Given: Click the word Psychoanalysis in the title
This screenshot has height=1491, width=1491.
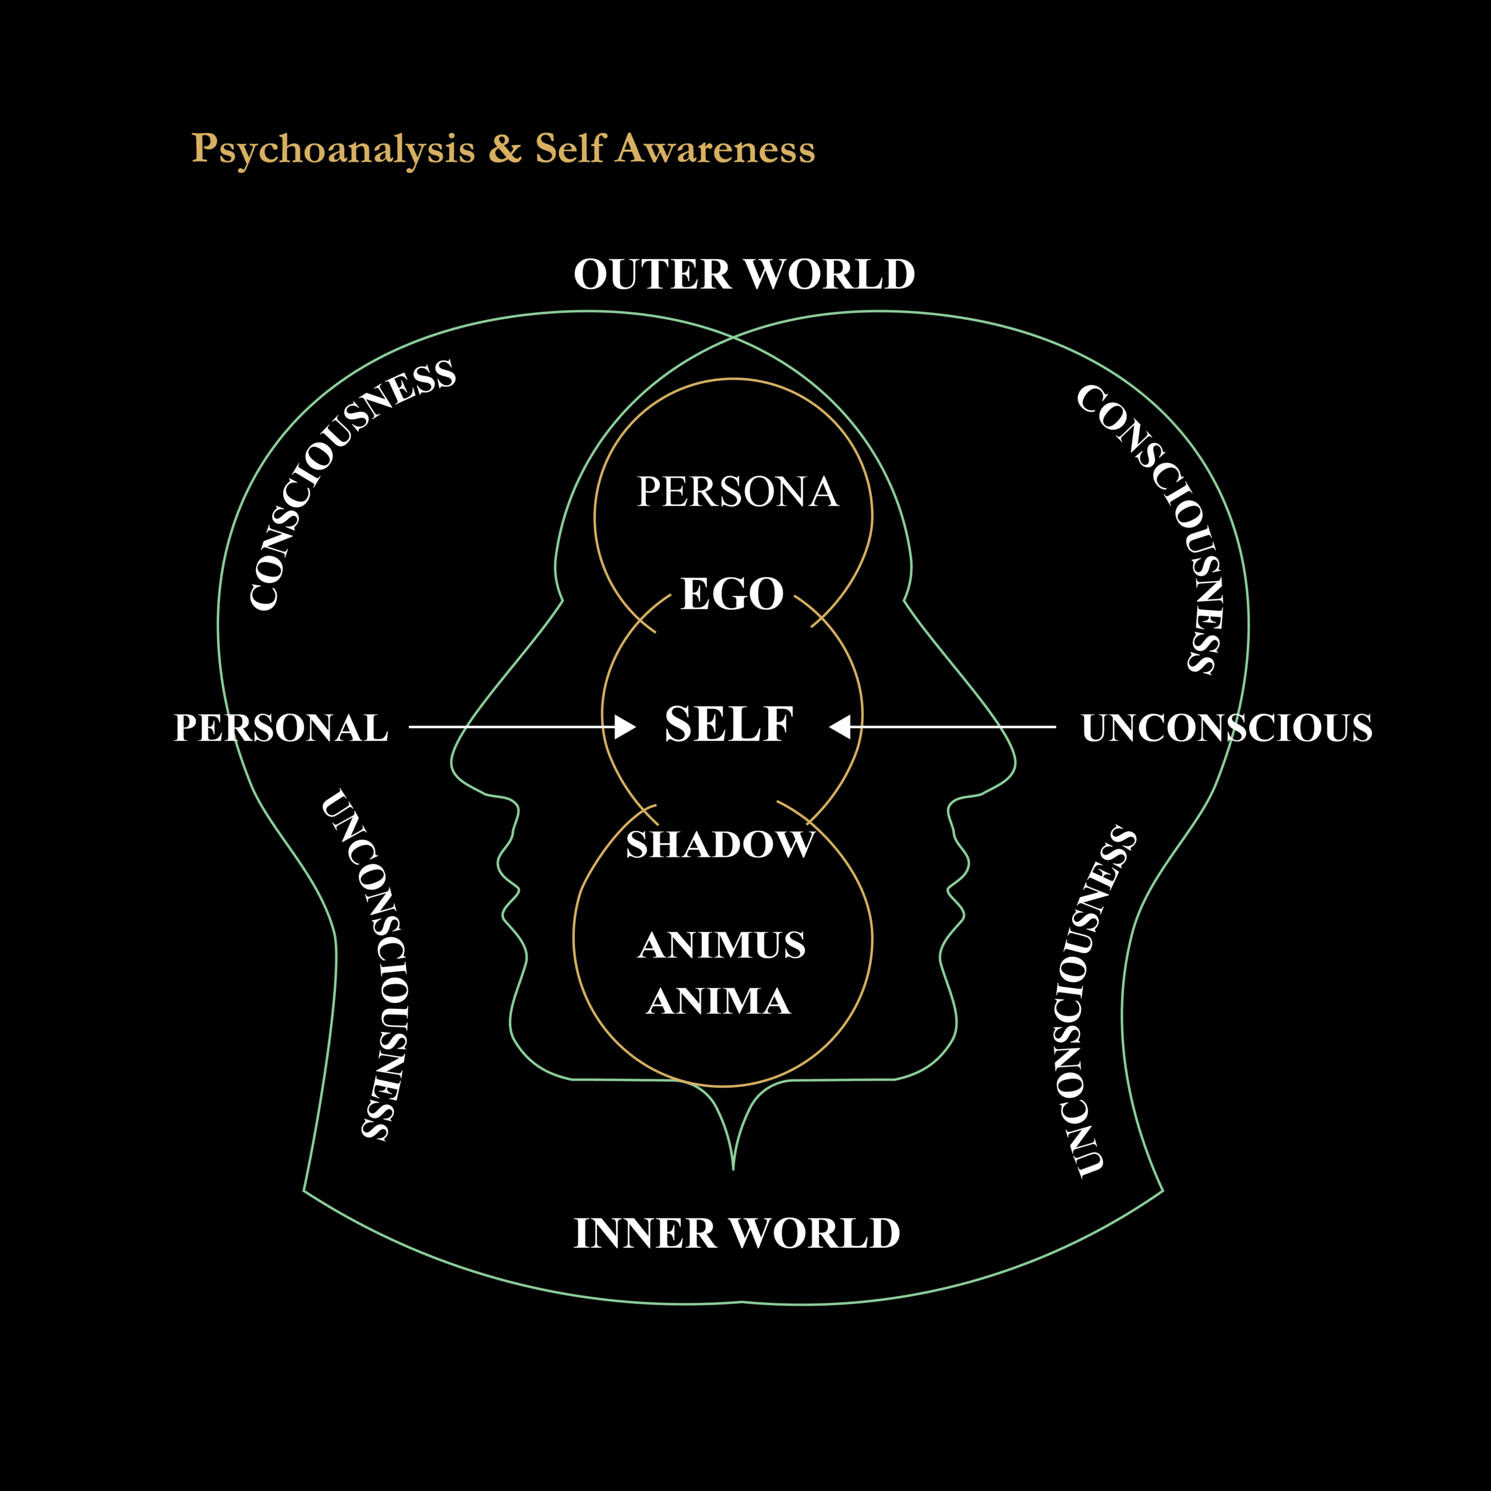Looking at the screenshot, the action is [x=333, y=150].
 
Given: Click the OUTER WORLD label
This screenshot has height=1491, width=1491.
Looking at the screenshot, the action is [x=744, y=275].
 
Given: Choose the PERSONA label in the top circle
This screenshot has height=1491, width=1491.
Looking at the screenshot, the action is [x=737, y=492].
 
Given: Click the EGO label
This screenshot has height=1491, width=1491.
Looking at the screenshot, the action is [x=732, y=593].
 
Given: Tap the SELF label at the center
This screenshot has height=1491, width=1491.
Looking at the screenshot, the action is [x=729, y=724].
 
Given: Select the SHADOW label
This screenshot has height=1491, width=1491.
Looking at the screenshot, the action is [x=720, y=845].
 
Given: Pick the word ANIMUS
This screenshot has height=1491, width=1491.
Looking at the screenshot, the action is [x=722, y=945].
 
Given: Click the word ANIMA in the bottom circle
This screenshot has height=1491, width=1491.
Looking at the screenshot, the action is [x=719, y=1002].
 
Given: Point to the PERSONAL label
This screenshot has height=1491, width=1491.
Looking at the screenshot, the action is [x=281, y=728].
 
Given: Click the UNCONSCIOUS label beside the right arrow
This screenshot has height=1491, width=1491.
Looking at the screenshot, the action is [x=1227, y=728].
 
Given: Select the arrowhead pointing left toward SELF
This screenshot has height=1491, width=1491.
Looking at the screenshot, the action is [x=840, y=727].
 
